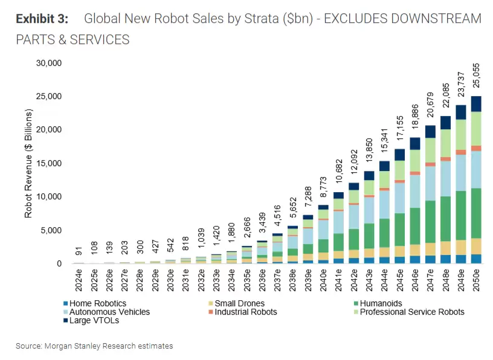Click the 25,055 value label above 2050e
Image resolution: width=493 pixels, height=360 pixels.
pos(477,76)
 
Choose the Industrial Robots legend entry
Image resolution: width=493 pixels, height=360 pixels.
pos(245,312)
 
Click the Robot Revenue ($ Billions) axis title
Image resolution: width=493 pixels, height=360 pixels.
pos(28,163)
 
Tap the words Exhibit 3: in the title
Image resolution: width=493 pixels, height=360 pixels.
pos(41,19)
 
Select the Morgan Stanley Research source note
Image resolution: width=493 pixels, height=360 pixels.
pos(94,346)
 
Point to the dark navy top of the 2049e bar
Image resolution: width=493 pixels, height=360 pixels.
pos(460,112)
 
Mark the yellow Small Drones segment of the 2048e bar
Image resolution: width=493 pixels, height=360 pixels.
pos(445,248)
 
